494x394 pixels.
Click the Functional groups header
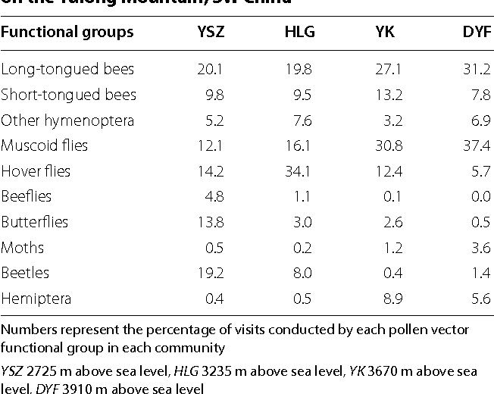click(67, 33)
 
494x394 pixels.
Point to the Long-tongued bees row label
click(67, 70)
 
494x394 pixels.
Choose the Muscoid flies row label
click(45, 145)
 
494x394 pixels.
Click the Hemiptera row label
click(36, 299)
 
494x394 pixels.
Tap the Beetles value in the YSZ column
click(211, 273)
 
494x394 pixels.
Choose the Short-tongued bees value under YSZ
click(214, 95)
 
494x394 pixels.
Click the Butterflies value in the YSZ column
click(211, 222)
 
